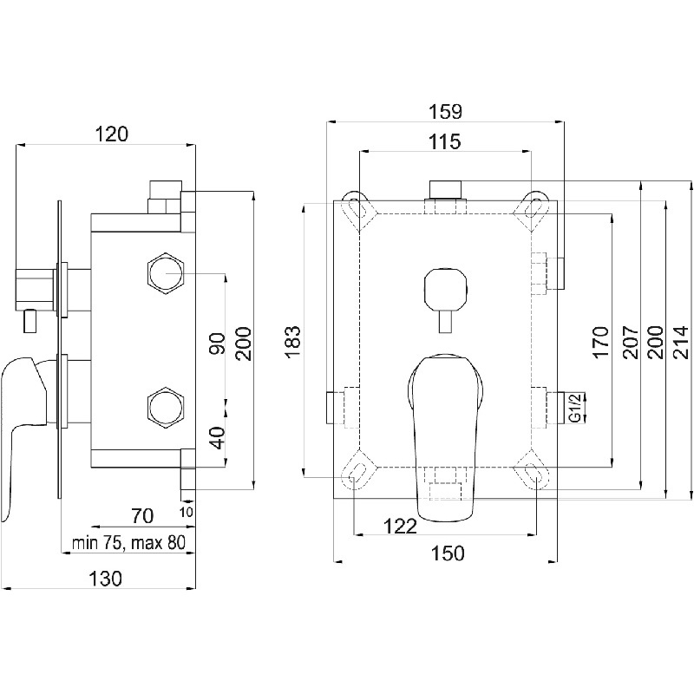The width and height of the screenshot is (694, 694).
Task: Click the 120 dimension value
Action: click(112, 134)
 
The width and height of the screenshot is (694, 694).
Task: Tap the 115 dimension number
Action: click(444, 141)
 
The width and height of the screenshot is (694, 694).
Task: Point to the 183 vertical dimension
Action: click(293, 342)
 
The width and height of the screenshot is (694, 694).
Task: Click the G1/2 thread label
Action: click(574, 405)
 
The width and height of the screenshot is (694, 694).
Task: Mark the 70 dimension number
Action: click(142, 516)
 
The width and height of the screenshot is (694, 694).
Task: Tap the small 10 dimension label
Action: click(187, 511)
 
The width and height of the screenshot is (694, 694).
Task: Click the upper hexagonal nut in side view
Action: click(164, 273)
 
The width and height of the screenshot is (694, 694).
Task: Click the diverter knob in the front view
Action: click(444, 290)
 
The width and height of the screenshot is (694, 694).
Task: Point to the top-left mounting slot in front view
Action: click(357, 207)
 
